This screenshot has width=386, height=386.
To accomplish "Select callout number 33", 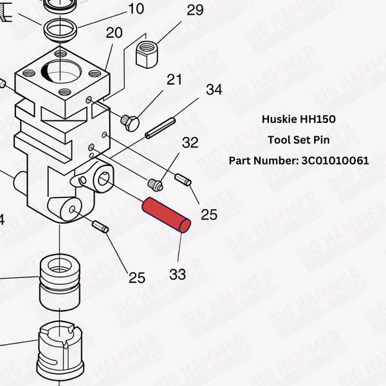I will tap(178, 274).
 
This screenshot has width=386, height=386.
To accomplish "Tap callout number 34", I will tap(214, 89).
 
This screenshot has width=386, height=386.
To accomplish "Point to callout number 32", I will tap(190, 142).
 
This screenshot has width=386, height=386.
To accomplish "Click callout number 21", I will tap(174, 80).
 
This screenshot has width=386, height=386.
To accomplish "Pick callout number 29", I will tap(195, 10).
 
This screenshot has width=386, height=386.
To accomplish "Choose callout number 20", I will tap(114, 33).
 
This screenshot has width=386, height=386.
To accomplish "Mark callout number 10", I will tap(136, 9).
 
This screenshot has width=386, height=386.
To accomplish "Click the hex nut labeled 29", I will tap(147, 54).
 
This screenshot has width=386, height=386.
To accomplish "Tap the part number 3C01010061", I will tap(335, 160).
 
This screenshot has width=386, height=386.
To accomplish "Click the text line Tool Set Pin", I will tap(299, 140).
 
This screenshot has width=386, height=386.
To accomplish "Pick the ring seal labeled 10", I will tap(60, 29).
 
